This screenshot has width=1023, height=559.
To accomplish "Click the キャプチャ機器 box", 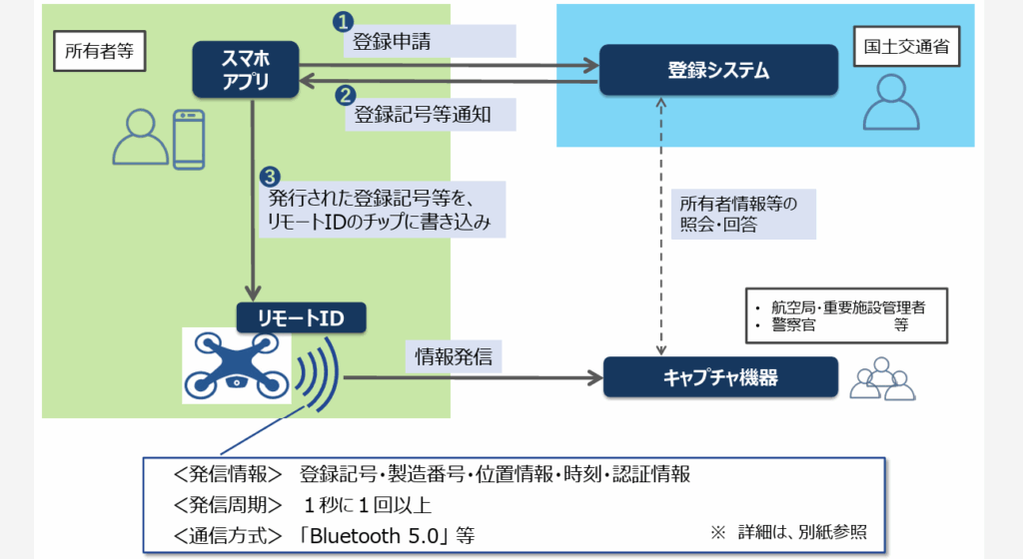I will (x=719, y=378).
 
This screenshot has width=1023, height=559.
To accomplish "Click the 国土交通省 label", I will (x=906, y=46).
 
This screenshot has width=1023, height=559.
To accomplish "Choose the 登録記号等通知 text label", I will (x=423, y=115).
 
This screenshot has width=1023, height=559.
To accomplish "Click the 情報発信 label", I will (x=454, y=356).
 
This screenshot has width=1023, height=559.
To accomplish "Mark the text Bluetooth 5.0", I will (x=380, y=534).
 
